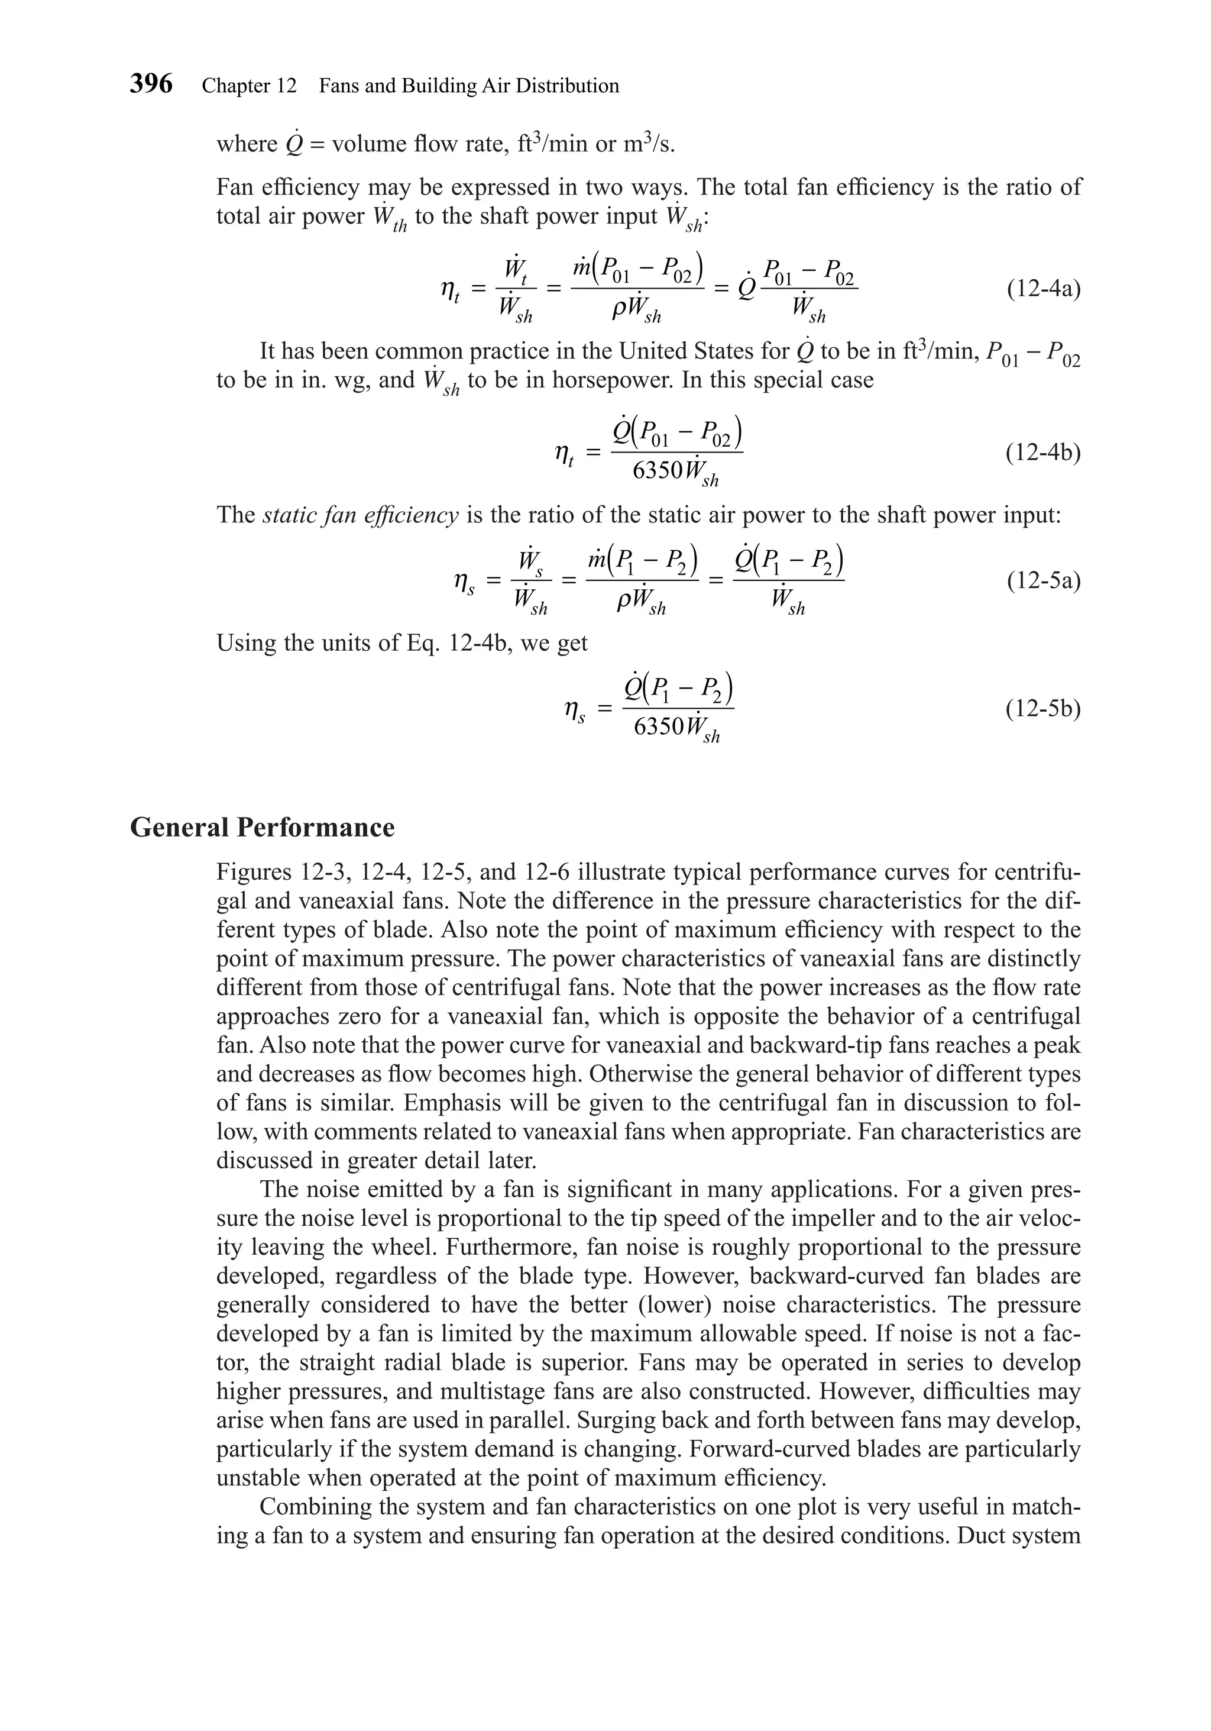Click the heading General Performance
pos(262,827)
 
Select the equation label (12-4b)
pos(1043,453)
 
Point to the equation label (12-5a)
pos(1043,582)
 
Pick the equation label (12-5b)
pos(1043,709)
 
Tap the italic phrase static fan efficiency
pos(361,515)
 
